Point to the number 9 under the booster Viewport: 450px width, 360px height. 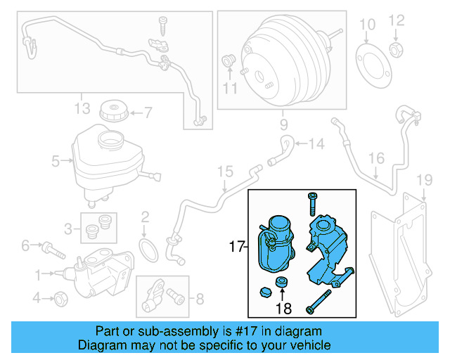tap(283, 127)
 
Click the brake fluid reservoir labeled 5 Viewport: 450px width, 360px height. tap(105, 158)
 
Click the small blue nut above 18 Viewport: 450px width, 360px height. tap(281, 283)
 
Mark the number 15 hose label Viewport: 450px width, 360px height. tap(224, 172)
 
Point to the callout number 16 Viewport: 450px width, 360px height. tap(377, 158)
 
